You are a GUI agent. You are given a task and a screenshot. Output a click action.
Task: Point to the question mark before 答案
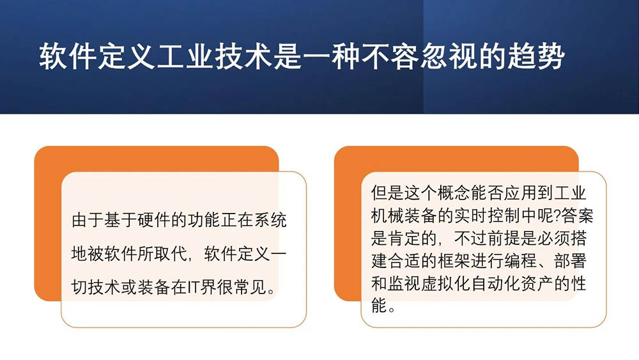tap(557, 215)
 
